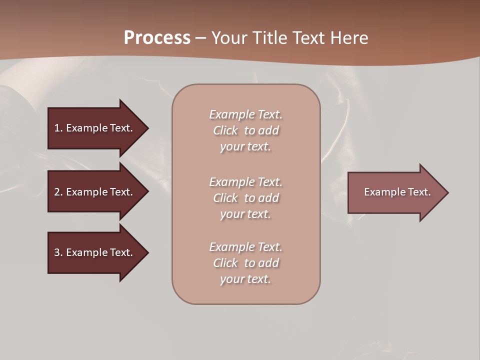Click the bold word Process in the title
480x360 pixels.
pos(157,38)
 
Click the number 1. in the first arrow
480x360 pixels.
pos(58,128)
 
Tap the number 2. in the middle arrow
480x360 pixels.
pos(58,192)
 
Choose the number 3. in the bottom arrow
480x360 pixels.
pos(58,252)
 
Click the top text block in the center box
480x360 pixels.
pos(245,130)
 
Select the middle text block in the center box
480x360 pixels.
pos(245,198)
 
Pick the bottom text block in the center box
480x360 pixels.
pos(245,263)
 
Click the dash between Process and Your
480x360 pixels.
pos(200,38)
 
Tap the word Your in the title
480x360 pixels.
pos(229,38)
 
